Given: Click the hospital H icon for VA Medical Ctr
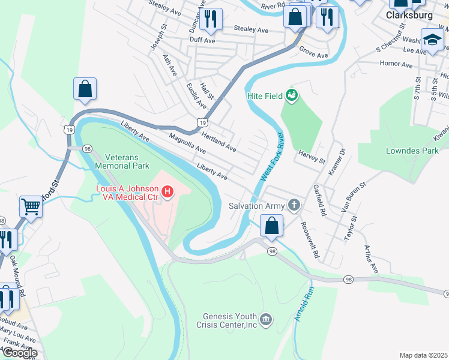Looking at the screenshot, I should click(168, 192).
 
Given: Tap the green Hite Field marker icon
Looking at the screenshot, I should click(292, 95).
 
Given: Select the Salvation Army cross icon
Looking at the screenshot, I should click(294, 206).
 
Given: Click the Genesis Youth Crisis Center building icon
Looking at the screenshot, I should click(267, 317).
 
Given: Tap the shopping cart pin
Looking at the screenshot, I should click(31, 207).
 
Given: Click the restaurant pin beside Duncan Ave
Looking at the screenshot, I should click(210, 19).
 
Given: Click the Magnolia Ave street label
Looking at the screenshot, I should click(188, 143).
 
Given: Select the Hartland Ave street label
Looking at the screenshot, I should click(218, 142).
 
